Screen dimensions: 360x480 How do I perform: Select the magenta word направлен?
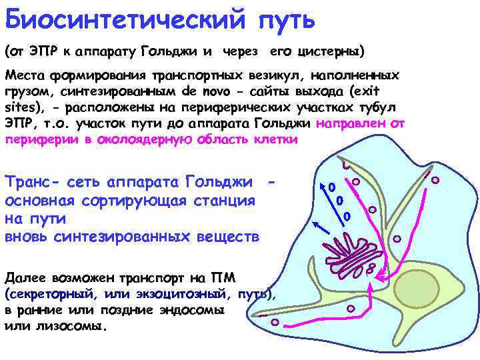click(x=361, y=124)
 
